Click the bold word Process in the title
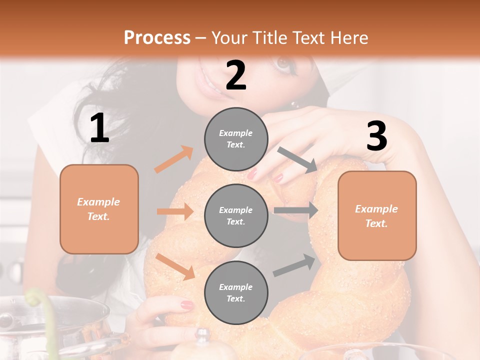[157, 37]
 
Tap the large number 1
[99, 128]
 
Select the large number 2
[236, 75]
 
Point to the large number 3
[376, 136]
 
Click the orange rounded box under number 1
[99, 209]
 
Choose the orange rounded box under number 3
[377, 215]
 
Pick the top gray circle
[236, 139]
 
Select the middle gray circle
[236, 215]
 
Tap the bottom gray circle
[236, 292]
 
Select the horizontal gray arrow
[295, 210]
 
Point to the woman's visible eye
[283, 64]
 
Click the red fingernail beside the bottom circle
[187, 304]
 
